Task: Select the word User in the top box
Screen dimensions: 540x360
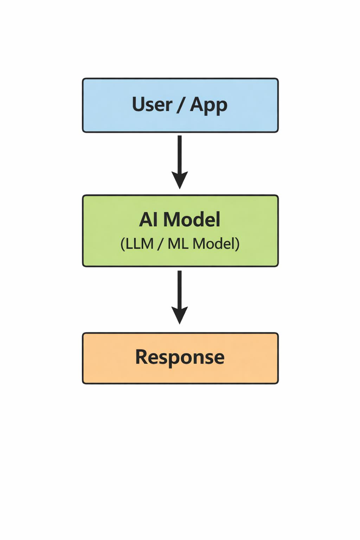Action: tap(152, 105)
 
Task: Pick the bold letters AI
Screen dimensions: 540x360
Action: tap(148, 220)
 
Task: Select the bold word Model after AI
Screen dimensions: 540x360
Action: tap(192, 220)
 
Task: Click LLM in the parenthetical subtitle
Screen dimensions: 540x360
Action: tap(140, 244)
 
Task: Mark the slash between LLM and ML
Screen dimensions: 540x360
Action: tap(160, 244)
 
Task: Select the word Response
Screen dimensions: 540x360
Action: tap(180, 357)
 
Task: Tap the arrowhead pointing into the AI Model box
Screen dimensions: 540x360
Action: tap(180, 180)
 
